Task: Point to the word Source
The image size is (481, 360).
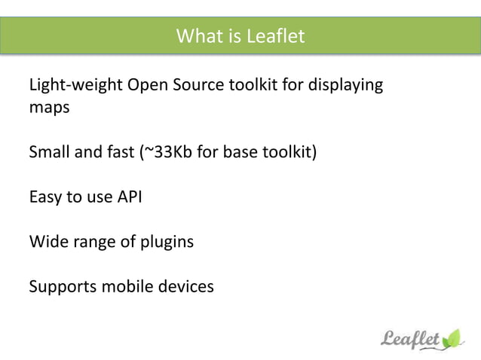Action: click(198, 85)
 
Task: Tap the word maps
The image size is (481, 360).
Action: click(49, 108)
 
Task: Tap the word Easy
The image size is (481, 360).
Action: click(46, 197)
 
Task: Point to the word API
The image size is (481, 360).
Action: click(128, 197)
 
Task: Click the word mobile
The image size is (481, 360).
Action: click(127, 287)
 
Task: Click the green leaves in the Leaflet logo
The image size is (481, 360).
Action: click(453, 337)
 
